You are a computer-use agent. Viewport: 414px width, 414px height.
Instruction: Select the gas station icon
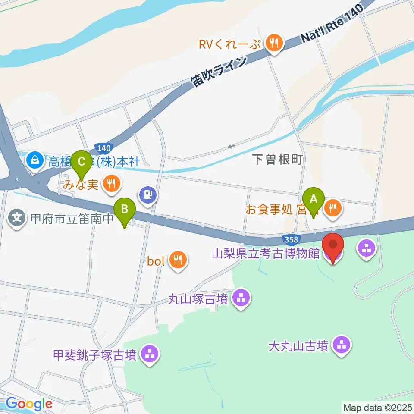click(148, 195)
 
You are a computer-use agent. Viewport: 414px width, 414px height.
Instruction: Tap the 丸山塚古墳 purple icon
click(241, 298)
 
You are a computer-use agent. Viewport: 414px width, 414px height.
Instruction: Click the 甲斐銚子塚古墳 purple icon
click(150, 355)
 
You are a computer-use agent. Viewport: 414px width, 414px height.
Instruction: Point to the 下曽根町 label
click(278, 159)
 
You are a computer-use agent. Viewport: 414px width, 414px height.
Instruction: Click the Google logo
click(29, 404)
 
